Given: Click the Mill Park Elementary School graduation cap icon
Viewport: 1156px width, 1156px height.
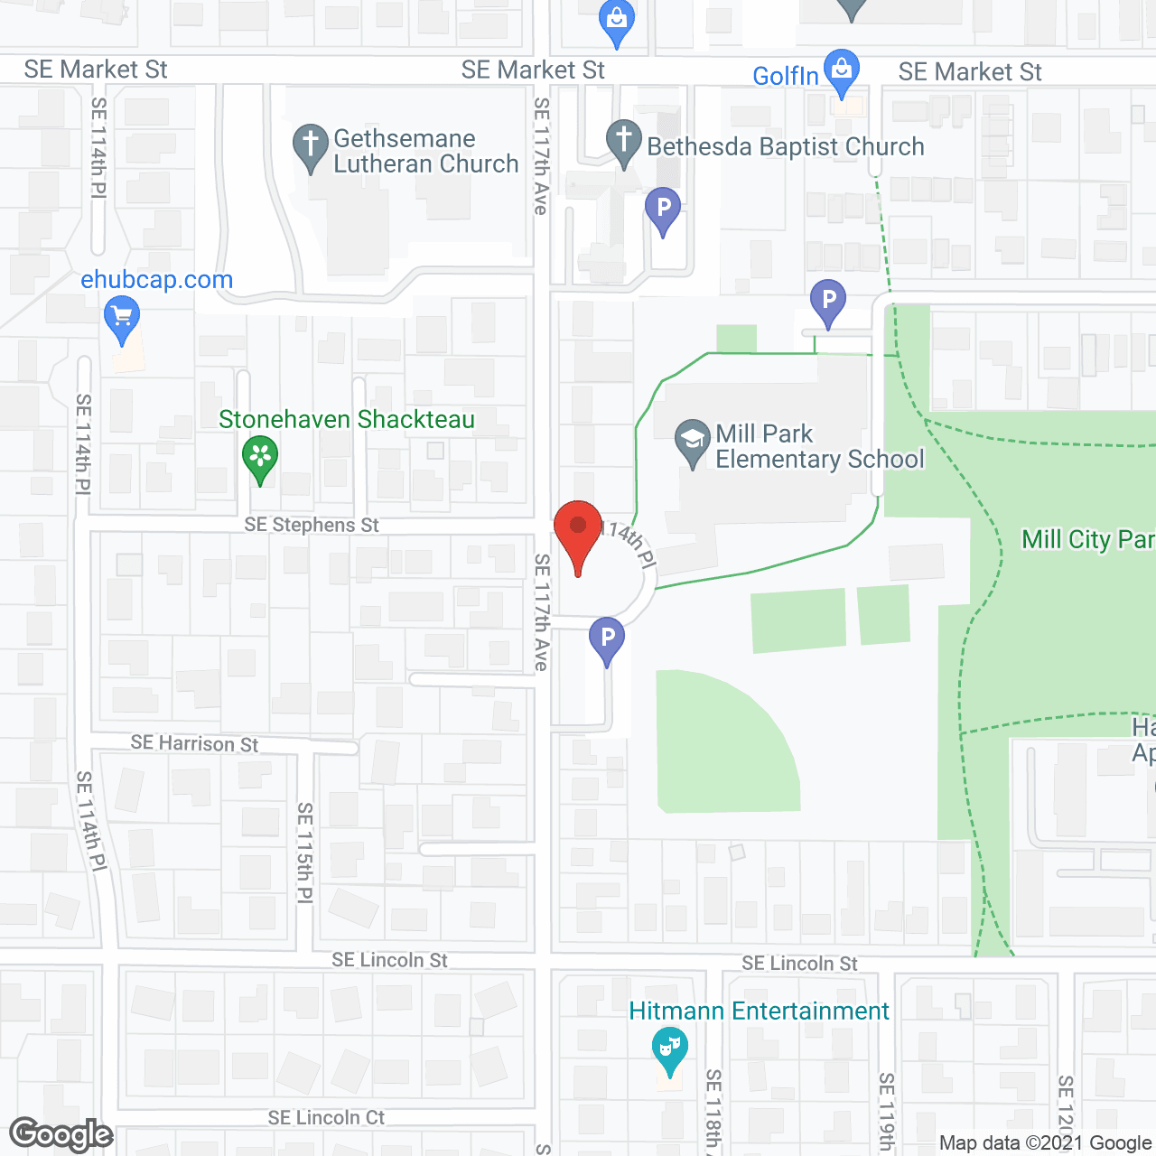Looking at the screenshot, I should coord(693,442).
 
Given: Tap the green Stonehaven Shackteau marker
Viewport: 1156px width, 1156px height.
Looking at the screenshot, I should coord(260,457).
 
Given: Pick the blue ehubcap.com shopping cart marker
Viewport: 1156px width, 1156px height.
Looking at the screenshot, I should coord(122,319).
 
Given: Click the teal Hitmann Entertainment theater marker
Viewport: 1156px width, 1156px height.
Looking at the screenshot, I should coord(669,1049).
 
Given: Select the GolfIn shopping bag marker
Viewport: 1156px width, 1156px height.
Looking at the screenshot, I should coord(842,71).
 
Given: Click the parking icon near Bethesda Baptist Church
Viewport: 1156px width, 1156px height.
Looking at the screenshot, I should coord(663,210).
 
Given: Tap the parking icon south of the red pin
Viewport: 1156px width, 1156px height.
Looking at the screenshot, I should coord(607,639).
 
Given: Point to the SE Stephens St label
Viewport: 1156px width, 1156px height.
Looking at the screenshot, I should coord(312,525).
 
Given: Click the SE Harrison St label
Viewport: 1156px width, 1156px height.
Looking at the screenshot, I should coord(194,743).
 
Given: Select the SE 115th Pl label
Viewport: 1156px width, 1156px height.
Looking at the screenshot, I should coord(305,853).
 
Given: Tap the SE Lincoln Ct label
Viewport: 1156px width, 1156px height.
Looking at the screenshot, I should coord(326,1118).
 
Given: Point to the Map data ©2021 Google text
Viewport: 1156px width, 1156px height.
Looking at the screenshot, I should coord(1045,1143).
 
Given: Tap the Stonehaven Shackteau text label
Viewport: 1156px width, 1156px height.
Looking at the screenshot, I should coord(347,420).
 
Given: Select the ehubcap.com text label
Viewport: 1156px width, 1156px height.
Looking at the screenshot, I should coord(157,280).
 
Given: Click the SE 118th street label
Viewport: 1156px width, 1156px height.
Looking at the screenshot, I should coord(713,1111).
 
